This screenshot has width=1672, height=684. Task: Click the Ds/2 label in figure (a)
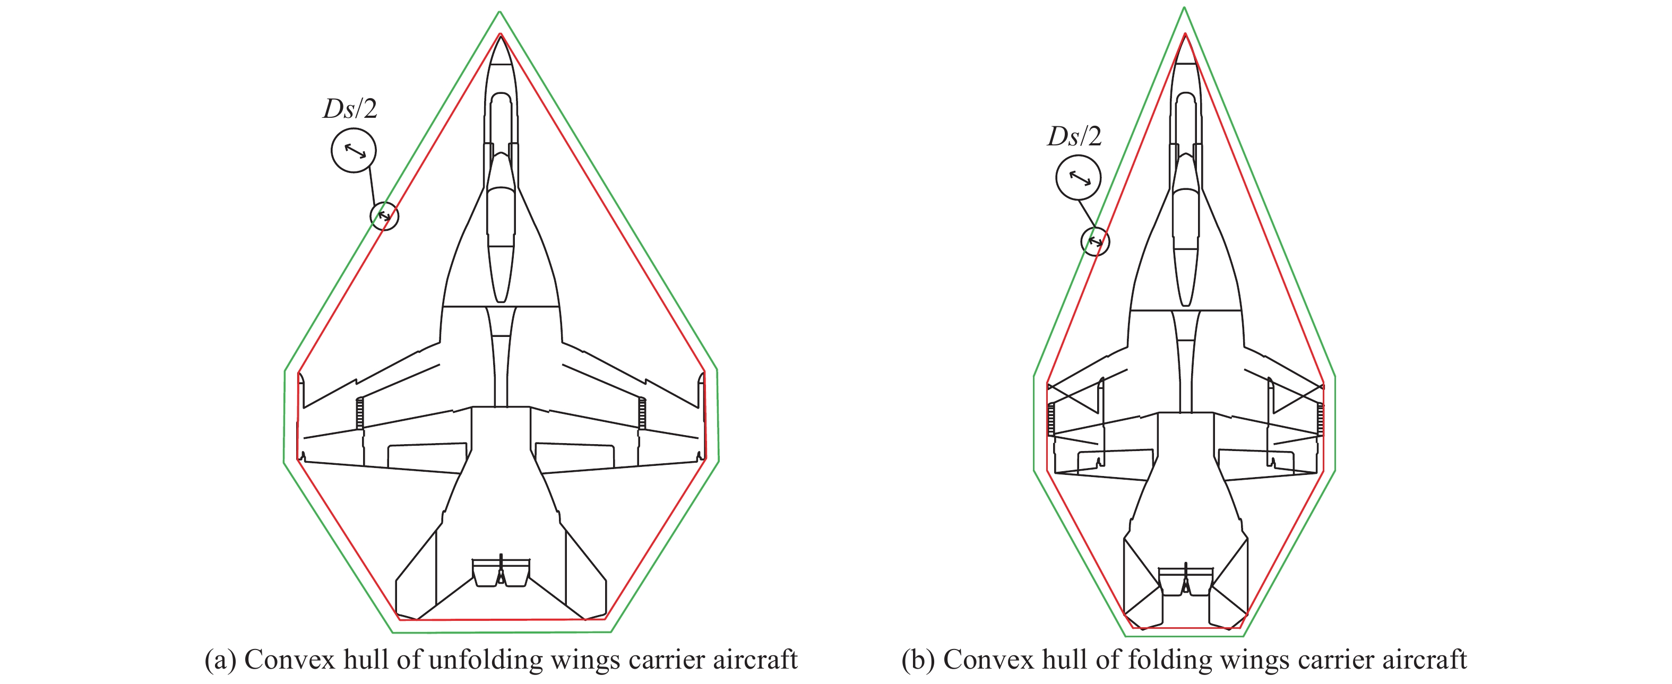click(350, 109)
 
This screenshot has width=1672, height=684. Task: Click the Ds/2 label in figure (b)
click(1074, 137)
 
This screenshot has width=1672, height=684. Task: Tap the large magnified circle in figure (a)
click(354, 151)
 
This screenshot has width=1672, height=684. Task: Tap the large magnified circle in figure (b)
click(1078, 177)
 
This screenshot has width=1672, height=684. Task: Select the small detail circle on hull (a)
click(384, 215)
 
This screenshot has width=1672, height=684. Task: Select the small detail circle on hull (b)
click(1095, 241)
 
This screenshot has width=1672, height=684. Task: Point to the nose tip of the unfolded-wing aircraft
click(501, 36)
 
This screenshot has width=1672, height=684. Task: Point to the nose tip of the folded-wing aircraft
click(1185, 36)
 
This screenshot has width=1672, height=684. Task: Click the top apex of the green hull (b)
click(1185, 8)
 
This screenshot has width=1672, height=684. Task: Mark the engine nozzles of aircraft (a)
click(501, 573)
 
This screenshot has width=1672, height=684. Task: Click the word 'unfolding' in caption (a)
click(486, 660)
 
